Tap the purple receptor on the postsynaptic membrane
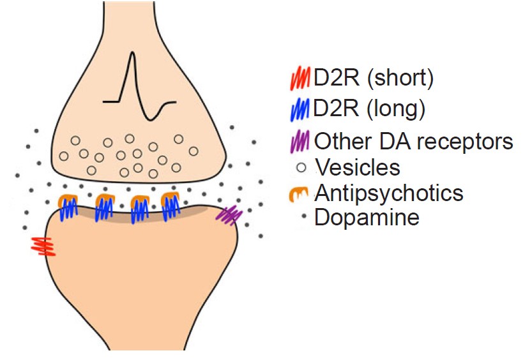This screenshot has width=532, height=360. [x=228, y=215]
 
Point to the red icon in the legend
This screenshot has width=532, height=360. [x=299, y=79]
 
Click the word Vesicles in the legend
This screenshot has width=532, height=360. [x=357, y=167]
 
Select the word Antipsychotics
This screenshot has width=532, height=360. [x=388, y=193]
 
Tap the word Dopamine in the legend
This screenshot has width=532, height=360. [x=367, y=218]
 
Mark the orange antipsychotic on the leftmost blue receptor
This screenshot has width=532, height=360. [x=66, y=200]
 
